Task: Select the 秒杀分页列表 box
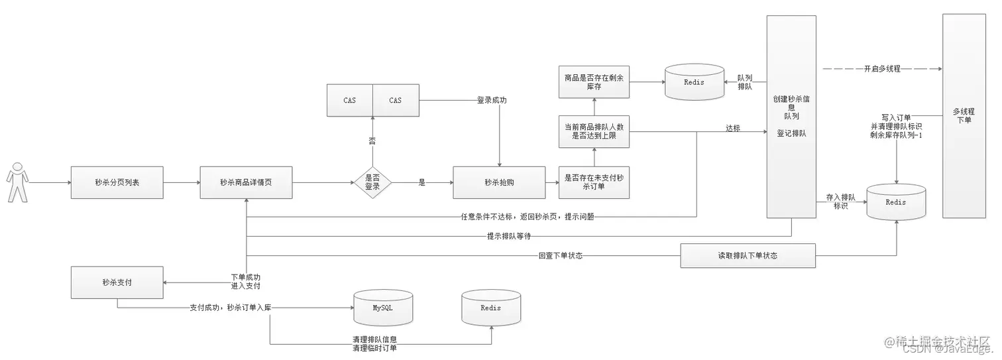(x=117, y=182)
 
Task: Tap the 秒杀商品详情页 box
(x=246, y=182)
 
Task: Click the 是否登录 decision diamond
(x=372, y=182)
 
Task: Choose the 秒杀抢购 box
(x=499, y=182)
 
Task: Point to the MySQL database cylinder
(x=383, y=308)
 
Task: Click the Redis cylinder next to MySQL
(x=490, y=308)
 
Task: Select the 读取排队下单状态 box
(x=748, y=255)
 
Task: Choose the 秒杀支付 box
(x=117, y=282)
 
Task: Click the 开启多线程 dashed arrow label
(x=882, y=68)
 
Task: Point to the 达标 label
(x=732, y=128)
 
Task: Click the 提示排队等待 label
(x=509, y=236)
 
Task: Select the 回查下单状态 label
(x=561, y=255)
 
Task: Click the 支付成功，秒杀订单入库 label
(x=226, y=308)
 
